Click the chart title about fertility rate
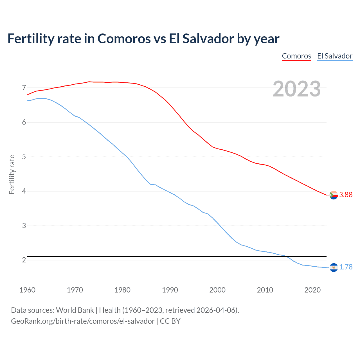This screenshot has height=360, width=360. coord(143,39)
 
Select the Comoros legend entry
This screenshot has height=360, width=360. coord(296,56)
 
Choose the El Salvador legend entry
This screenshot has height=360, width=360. coord(335,56)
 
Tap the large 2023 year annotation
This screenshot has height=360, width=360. coord(297,89)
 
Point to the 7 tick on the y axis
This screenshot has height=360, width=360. coord(24,88)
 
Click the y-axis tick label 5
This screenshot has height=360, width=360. coord(24,157)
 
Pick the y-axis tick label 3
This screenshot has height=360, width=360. coord(24,226)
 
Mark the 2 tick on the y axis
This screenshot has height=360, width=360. coord(24,260)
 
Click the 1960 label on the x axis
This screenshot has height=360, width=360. coord(27,290)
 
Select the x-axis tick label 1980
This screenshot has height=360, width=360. coord(122,290)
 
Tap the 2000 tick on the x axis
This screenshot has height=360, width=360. coord(217,290)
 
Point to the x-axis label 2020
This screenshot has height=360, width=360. coord(312,290)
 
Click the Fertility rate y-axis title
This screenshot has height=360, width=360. coord(12,174)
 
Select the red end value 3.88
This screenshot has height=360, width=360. coord(346,195)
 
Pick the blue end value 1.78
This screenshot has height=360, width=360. coord(346,267)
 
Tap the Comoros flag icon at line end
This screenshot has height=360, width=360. coord(334,195)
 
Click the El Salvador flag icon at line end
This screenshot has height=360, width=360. coord(334,267)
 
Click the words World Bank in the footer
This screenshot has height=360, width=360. coord(75,310)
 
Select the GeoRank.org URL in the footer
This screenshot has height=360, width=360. coord(83,321)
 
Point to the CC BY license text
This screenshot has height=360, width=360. coord(170,321)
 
